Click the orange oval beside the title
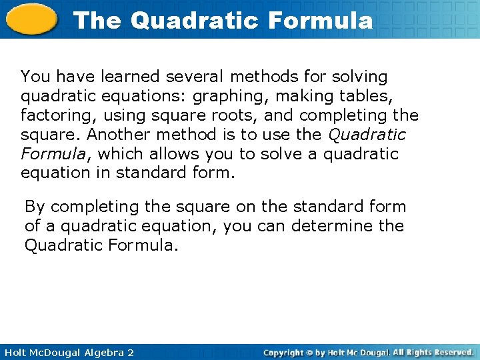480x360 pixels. coord(31,19)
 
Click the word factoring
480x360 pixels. coord(52,115)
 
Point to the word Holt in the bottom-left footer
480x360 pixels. coord(13,352)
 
